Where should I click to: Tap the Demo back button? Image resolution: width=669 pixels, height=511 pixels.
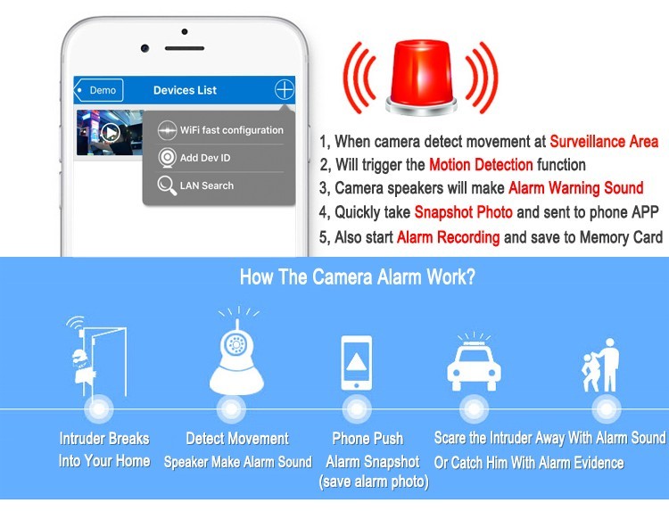98,90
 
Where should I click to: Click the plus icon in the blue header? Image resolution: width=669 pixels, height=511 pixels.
285,89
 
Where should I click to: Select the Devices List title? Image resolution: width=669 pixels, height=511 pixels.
185,90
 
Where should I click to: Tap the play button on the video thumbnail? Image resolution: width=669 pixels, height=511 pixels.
111,132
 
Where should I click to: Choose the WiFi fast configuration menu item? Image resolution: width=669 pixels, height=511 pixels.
220,130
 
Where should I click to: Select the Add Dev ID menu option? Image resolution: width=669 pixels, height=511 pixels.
194,158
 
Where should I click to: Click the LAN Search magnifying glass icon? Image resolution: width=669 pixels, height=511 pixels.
167,185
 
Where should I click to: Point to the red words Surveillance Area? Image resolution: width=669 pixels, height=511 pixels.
604,141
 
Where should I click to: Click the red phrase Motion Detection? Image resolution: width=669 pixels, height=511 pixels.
481,165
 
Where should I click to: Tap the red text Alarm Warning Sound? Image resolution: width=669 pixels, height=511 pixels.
575,187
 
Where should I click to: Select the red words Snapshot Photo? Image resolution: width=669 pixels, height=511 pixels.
463,212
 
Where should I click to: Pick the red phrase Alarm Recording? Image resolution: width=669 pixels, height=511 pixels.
448,237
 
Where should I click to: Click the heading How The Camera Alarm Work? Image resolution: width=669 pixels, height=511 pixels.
358,276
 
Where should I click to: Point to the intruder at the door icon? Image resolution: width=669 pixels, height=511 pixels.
97,356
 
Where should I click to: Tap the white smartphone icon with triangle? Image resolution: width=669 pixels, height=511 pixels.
356,363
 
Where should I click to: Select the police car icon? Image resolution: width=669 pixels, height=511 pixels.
474,363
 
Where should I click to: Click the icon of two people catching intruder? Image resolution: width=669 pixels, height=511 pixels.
600,366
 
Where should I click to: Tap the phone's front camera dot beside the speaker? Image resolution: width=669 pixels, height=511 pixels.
145,48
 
